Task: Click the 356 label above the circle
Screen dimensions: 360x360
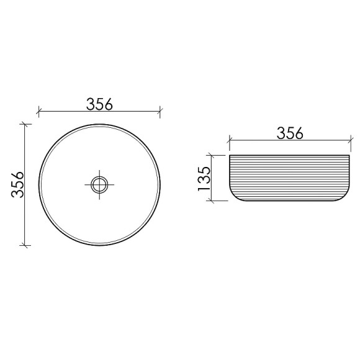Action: [x=99, y=104]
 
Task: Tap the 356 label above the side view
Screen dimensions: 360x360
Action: [x=289, y=133]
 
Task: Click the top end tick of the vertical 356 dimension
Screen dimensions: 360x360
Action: [x=25, y=124]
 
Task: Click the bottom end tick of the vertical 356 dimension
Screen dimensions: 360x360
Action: [x=25, y=245]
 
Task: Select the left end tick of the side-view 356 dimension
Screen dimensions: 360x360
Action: [x=229, y=142]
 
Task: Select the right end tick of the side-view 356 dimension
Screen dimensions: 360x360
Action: [x=350, y=142]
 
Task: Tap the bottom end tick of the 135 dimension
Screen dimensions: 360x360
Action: [x=212, y=201]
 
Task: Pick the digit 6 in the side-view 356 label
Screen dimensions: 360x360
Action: [x=299, y=133]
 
